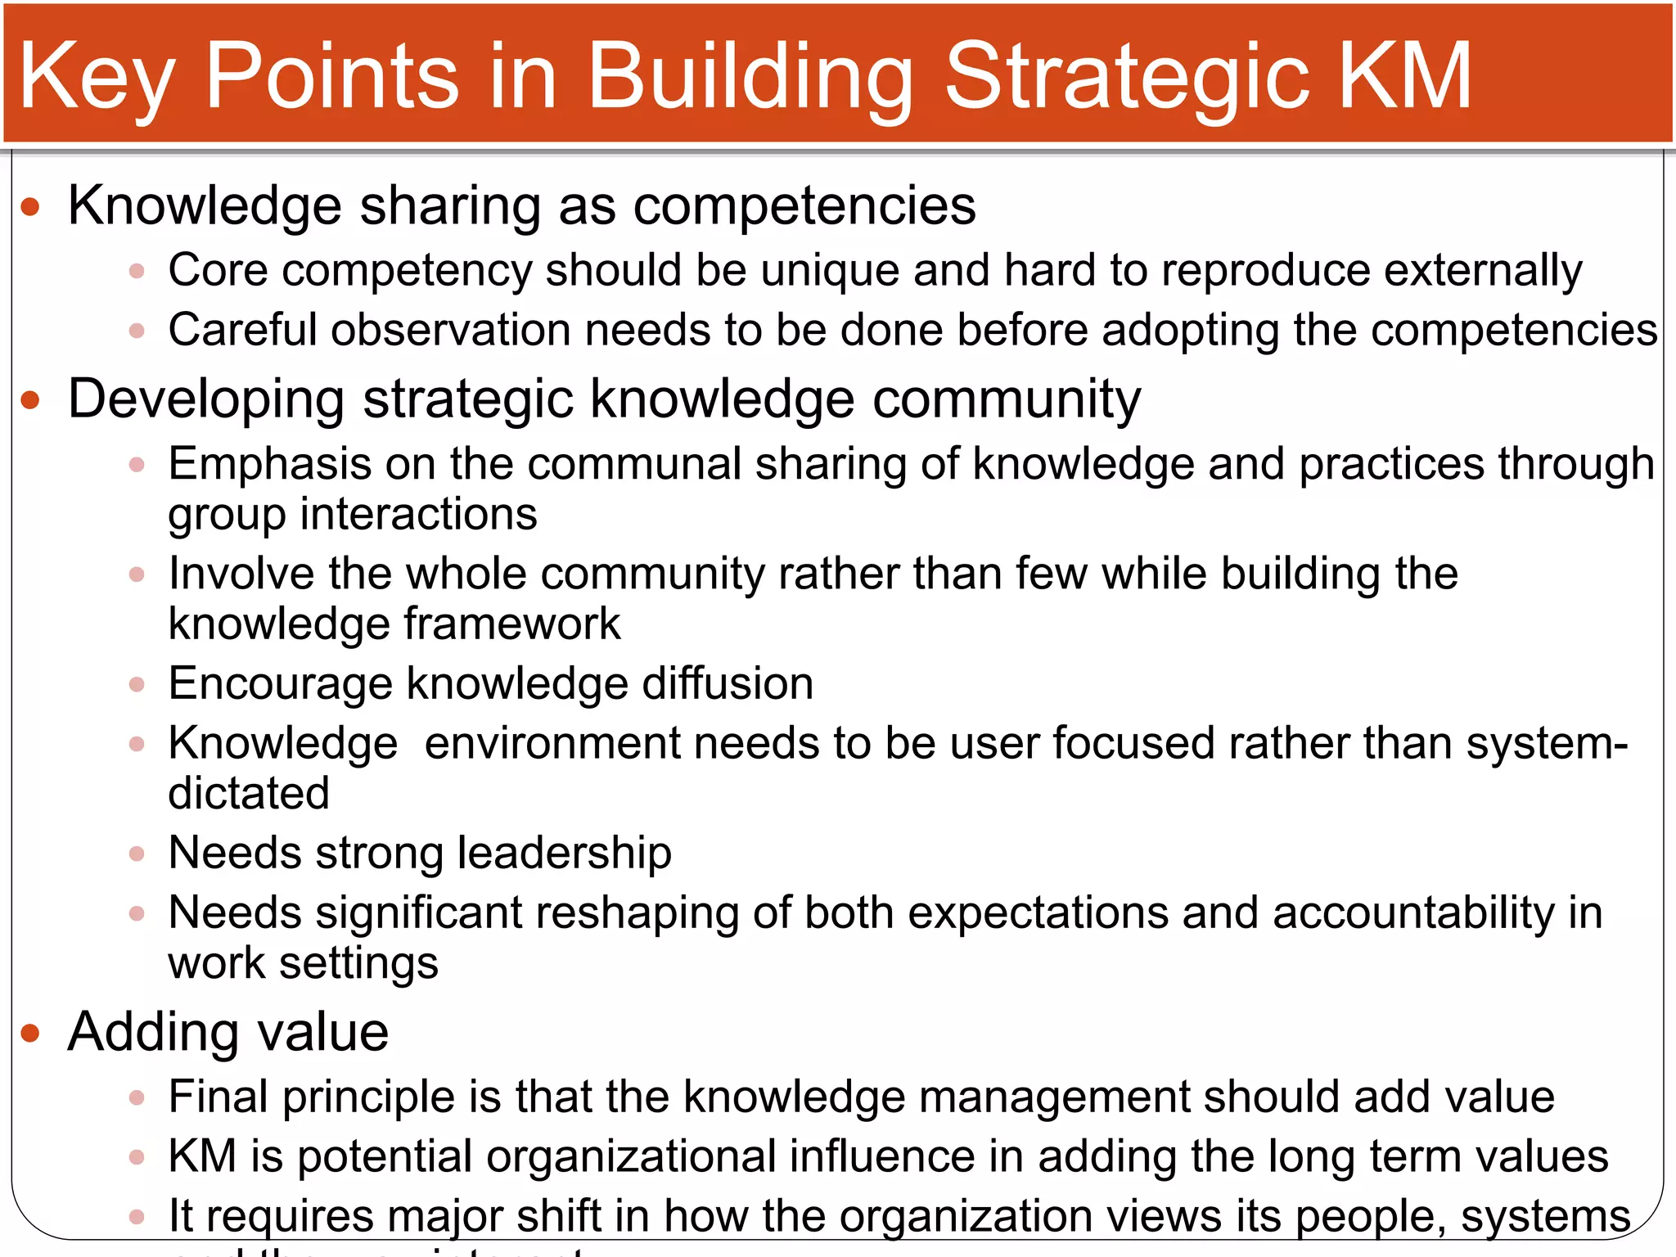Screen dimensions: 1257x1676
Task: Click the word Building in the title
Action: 750,78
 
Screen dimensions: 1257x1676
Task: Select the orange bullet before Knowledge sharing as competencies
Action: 30,206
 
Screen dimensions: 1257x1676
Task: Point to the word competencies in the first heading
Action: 804,205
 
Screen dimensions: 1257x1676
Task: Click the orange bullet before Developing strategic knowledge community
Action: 30,400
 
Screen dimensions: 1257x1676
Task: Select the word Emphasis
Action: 270,464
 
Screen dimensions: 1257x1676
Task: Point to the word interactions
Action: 418,515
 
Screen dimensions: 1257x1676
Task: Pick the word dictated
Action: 249,793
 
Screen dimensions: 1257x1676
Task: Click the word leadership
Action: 564,853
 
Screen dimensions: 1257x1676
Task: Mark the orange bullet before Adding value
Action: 30,1033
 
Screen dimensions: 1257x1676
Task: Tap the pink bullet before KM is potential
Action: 137,1157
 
